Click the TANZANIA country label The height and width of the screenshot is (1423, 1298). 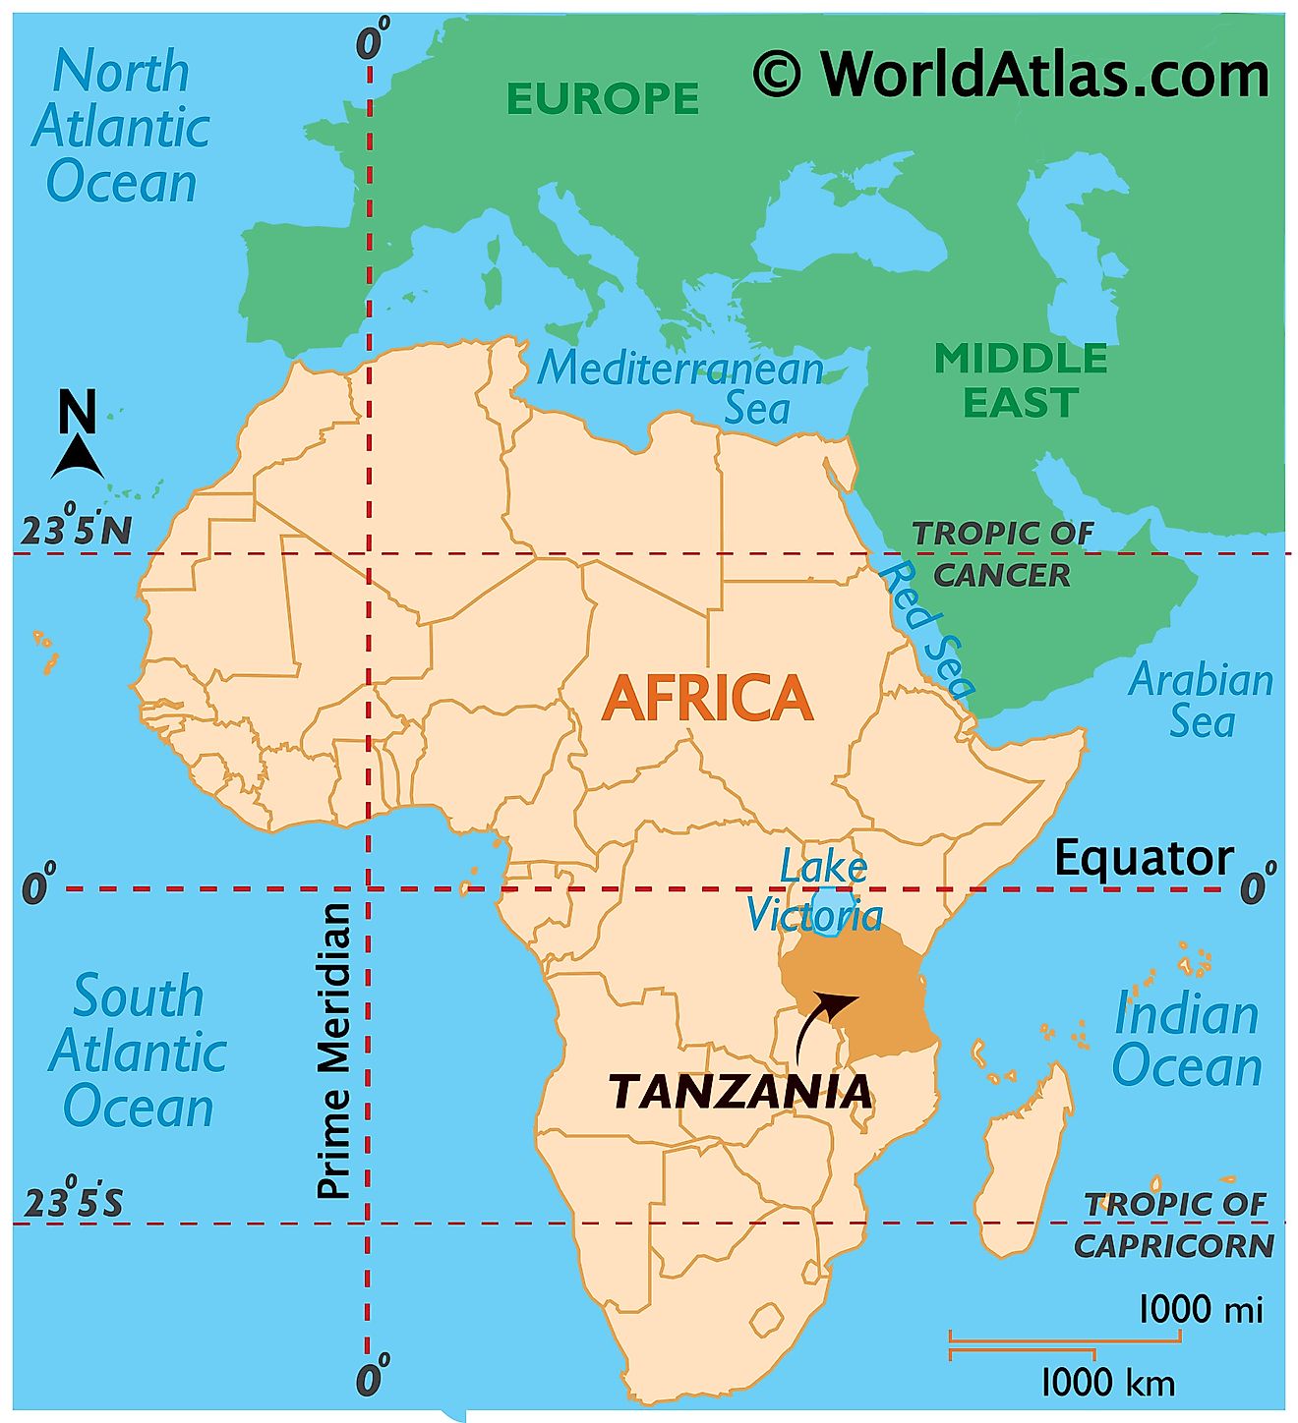739,1092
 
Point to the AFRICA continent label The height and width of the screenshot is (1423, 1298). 707,699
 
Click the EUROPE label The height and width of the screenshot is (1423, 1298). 602,99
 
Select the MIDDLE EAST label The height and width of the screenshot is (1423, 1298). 1020,380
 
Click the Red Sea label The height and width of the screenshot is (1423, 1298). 925,629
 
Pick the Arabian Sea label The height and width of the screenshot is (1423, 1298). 1201,701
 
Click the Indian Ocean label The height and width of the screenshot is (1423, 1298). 1186,1040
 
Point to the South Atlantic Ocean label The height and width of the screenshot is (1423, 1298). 138,1052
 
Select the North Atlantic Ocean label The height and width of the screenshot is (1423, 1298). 120,128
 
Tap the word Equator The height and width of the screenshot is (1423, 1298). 1143,859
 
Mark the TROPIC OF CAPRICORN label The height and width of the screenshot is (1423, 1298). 1174,1225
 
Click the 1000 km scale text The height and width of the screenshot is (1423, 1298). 1107,1383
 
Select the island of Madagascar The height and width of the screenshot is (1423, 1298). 1028,1160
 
